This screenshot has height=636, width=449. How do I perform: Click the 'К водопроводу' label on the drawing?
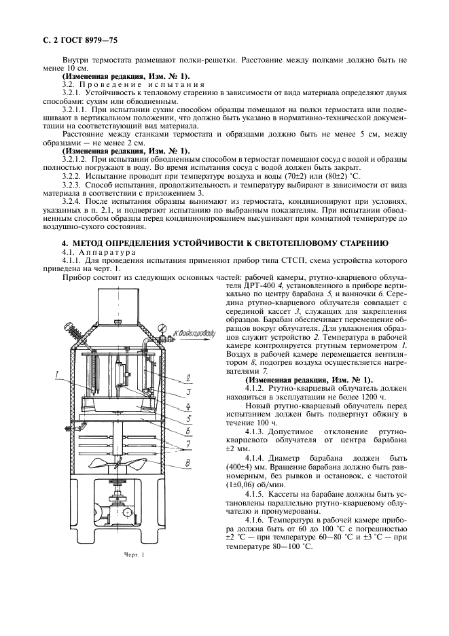coord(192,332)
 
